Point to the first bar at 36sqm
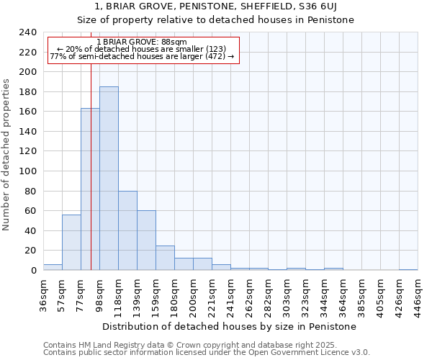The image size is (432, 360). [53, 267]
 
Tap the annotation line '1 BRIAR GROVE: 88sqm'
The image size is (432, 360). [141, 42]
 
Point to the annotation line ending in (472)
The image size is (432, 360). [142, 56]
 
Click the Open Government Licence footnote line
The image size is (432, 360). [207, 352]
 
